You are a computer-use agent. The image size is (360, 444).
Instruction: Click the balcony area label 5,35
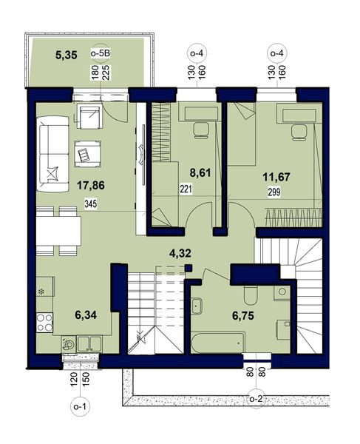[67, 55]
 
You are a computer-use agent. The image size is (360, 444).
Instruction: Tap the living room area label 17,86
[91, 186]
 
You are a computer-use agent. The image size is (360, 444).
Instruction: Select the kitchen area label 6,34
[86, 314]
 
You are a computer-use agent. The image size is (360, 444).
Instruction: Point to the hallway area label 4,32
[180, 253]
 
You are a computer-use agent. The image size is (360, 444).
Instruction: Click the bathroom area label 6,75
[243, 315]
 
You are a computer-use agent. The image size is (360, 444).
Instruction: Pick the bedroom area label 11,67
[276, 178]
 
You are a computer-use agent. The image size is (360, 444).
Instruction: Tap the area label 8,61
[200, 172]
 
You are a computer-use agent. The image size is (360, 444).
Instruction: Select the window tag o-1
[80, 407]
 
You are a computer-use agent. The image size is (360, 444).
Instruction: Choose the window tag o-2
[257, 400]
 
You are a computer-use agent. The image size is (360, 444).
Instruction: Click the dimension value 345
[91, 203]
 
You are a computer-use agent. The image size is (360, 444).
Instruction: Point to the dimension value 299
[274, 192]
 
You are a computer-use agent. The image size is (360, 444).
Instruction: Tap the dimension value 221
[186, 189]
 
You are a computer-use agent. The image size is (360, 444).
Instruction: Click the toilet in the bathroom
[251, 294]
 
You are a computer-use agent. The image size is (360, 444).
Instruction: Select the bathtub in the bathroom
[217, 343]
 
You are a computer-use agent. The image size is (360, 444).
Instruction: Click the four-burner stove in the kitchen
[44, 323]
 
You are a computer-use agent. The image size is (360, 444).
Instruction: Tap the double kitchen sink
[89, 343]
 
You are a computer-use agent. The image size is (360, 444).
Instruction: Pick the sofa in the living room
[52, 155]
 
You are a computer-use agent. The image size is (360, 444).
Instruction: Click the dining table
[59, 231]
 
